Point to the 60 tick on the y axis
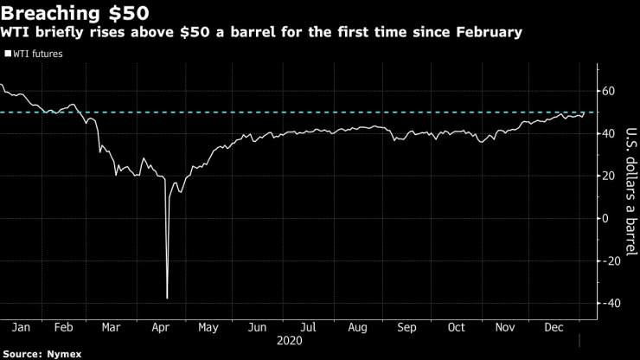608,91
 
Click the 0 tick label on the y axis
605,218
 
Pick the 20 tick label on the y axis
608,176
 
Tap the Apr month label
161,329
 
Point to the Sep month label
406,329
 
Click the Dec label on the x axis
552,329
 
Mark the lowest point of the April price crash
166,299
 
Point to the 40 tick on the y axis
608,133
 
